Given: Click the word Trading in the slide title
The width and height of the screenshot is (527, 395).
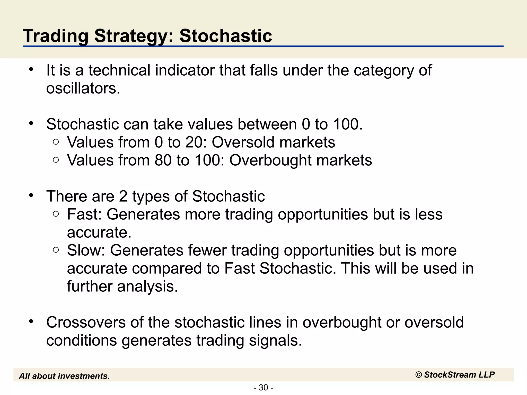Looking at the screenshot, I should (56, 36).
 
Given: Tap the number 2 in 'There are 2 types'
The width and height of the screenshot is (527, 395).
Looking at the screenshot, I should (123, 196).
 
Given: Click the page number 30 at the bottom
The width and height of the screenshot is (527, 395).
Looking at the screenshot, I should (263, 388).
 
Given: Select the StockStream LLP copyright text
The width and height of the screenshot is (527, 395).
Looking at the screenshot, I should (455, 375).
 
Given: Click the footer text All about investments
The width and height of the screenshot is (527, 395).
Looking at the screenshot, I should (64, 376).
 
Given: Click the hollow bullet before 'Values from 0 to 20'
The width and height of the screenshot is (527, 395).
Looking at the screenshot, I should (56, 142).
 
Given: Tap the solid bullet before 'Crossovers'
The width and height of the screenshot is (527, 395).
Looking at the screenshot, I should (31, 321).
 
